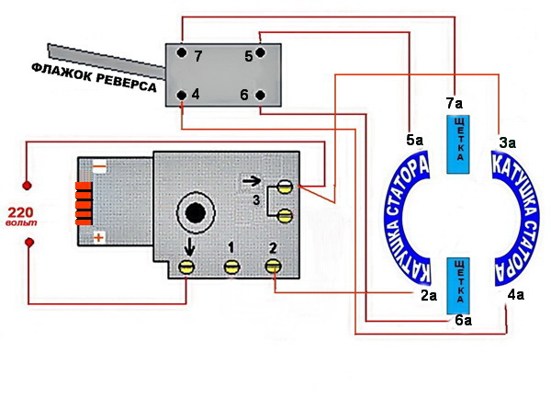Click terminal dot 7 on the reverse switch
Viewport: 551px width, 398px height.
click(x=182, y=52)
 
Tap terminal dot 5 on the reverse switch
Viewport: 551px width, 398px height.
click(x=260, y=52)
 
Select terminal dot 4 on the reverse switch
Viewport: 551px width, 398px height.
click(x=182, y=95)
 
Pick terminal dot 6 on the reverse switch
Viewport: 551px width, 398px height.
click(x=260, y=95)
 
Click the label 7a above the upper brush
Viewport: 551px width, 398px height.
click(x=455, y=104)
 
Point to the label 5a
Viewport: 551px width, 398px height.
click(x=415, y=141)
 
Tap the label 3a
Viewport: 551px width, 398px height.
click(x=508, y=143)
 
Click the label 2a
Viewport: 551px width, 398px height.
click(x=429, y=296)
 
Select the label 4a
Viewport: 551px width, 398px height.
click(x=515, y=295)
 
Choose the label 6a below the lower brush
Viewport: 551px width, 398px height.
click(x=464, y=320)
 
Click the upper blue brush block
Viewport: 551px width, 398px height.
click(x=458, y=144)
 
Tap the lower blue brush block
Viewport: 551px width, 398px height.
click(x=458, y=286)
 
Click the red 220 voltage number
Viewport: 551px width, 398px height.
click(x=21, y=212)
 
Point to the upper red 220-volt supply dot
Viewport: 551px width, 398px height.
click(x=27, y=186)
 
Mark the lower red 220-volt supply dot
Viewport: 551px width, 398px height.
click(x=29, y=243)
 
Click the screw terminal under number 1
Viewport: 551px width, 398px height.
click(x=231, y=267)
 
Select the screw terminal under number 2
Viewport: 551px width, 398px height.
click(x=273, y=267)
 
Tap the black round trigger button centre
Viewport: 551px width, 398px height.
click(x=196, y=212)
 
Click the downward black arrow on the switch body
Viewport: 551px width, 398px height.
click(x=189, y=247)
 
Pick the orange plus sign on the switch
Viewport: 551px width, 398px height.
click(x=99, y=238)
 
